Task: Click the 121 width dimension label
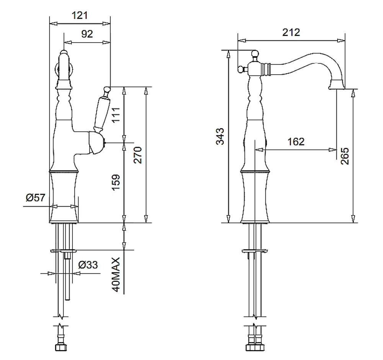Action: pyautogui.click(x=79, y=15)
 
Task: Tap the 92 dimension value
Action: pyautogui.click(x=87, y=34)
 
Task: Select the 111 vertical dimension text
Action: pyautogui.click(x=116, y=115)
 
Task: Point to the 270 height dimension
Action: pyautogui.click(x=137, y=155)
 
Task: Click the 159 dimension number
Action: pyautogui.click(x=116, y=182)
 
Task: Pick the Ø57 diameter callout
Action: pyautogui.click(x=36, y=198)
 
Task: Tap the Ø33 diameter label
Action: pyautogui.click(x=88, y=265)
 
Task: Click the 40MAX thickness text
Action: pyautogui.click(x=116, y=275)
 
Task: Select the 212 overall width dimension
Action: pyautogui.click(x=291, y=32)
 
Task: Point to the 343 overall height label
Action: pyautogui.click(x=220, y=136)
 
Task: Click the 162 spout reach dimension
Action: pyautogui.click(x=296, y=142)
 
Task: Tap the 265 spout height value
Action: pyautogui.click(x=344, y=156)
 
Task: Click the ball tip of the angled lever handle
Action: pyautogui.click(x=106, y=89)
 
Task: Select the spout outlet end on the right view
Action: pyautogui.click(x=337, y=85)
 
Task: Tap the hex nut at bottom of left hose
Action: pyautogui.click(x=61, y=347)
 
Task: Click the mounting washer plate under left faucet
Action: pyautogui.click(x=63, y=251)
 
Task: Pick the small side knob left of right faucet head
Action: pyautogui.click(x=241, y=70)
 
